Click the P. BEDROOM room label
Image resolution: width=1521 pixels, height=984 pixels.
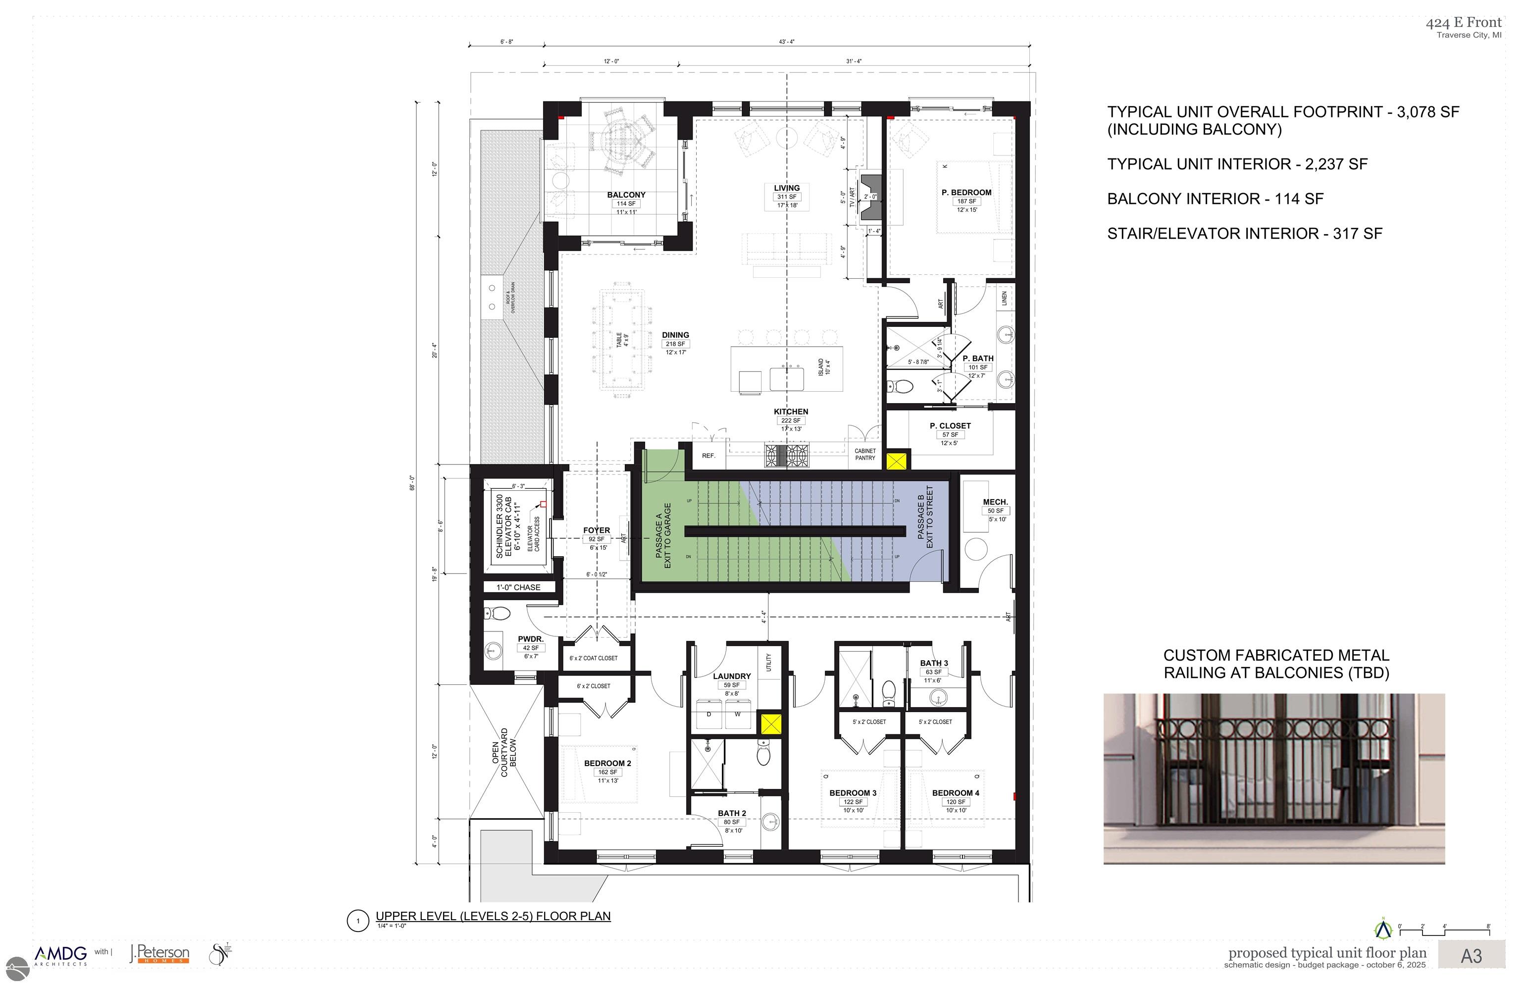click(966, 192)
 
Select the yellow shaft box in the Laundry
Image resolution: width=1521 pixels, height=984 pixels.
click(770, 724)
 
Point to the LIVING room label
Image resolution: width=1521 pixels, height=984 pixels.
click(786, 188)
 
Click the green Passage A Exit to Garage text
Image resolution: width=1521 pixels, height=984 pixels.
click(663, 535)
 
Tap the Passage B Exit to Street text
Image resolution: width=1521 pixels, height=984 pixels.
click(925, 517)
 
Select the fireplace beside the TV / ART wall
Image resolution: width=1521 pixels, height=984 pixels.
click(871, 198)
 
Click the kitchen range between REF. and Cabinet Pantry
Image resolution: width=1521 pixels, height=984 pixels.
click(787, 456)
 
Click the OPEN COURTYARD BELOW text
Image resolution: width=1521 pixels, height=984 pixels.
click(504, 753)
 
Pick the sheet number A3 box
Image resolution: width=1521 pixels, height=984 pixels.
click(1471, 956)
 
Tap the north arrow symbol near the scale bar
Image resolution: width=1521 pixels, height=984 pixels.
click(1382, 929)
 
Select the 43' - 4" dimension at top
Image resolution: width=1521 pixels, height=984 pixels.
click(786, 42)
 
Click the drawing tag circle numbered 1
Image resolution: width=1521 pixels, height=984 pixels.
click(358, 921)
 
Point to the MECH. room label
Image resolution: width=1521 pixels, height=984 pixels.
click(995, 502)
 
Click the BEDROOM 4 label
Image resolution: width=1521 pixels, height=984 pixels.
click(955, 793)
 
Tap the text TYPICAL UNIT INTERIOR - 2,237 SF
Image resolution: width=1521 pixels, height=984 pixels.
click(1237, 164)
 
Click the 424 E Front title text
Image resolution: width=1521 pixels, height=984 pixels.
click(1464, 22)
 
